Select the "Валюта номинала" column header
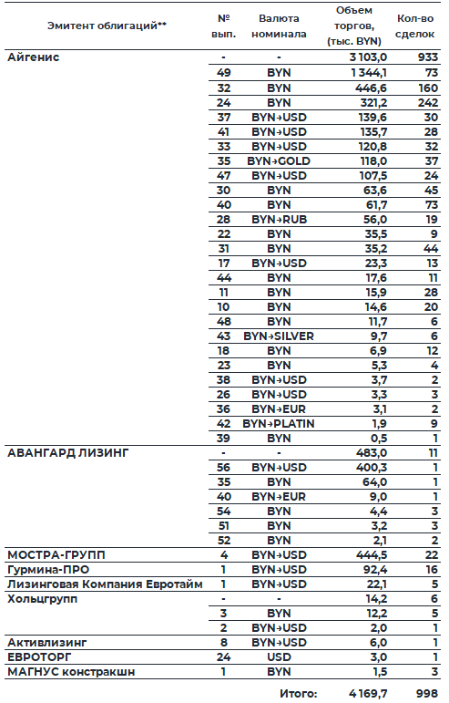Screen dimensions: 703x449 pyautogui.click(x=279, y=25)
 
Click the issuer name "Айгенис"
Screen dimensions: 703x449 pyautogui.click(x=34, y=57)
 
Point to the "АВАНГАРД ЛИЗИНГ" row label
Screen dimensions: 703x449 pyautogui.click(x=67, y=452)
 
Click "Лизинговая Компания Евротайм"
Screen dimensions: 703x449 pyautogui.click(x=105, y=584)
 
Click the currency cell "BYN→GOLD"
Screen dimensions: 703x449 pyautogui.click(x=279, y=160)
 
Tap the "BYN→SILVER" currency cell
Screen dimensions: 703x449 pyautogui.click(x=279, y=336)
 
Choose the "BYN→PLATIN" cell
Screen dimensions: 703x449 pyautogui.click(x=279, y=423)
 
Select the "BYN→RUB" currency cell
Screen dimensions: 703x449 pyautogui.click(x=279, y=219)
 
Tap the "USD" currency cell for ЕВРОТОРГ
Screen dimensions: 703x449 pyautogui.click(x=279, y=656)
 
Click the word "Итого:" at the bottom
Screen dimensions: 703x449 pyautogui.click(x=299, y=693)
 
